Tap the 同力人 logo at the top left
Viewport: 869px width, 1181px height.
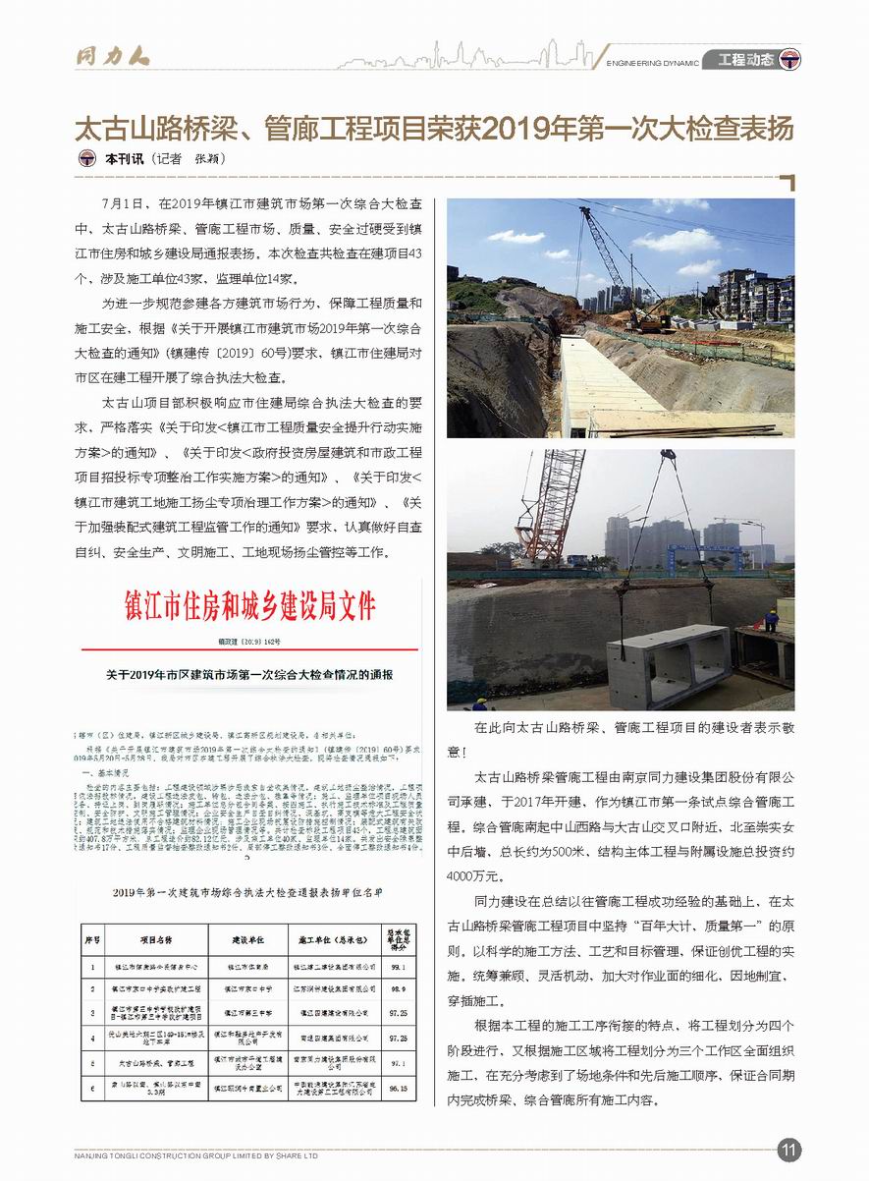click(113, 55)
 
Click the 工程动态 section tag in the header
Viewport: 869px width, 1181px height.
click(746, 60)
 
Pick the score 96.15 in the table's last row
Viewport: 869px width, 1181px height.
click(398, 1089)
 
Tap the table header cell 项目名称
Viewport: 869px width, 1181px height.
click(154, 939)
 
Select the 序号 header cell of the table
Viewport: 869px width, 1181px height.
click(92, 939)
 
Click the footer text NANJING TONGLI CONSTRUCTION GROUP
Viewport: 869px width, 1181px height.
click(196, 1155)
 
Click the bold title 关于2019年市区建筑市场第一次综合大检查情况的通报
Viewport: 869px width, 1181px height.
click(249, 676)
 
